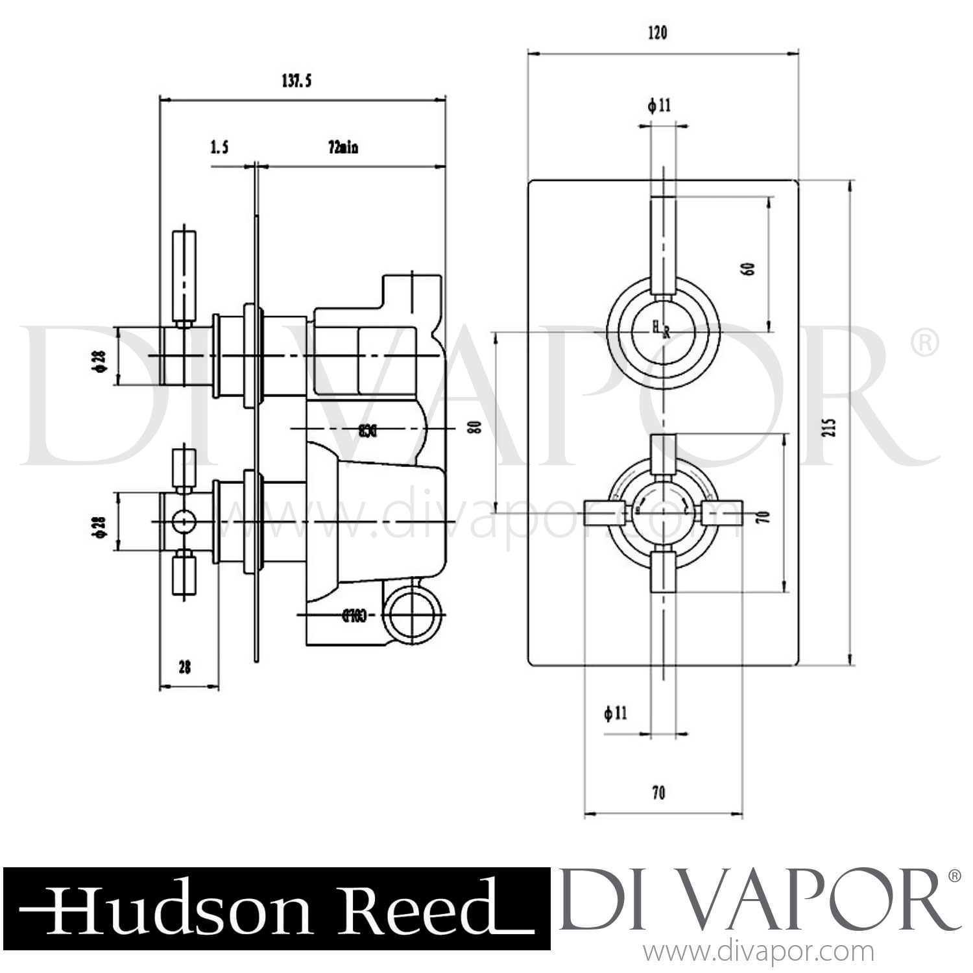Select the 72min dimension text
343,148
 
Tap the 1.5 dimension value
219,148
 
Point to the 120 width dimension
657,32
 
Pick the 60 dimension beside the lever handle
750,268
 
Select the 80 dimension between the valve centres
477,427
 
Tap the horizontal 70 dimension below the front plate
658,793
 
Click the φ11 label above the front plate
659,106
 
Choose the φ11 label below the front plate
616,714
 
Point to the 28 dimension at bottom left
184,667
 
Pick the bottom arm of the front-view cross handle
663,570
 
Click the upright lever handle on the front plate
663,246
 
